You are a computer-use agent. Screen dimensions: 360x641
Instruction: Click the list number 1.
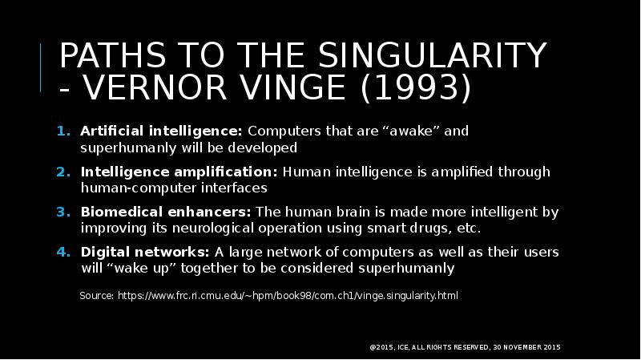(62, 131)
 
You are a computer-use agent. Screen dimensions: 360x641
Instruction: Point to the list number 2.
(62, 172)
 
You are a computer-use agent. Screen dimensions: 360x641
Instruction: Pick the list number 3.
(62, 212)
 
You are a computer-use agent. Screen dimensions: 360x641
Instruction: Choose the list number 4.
(62, 253)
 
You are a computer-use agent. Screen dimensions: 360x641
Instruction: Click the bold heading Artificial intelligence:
(161, 131)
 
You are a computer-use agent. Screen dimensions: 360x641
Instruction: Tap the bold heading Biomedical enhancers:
(166, 212)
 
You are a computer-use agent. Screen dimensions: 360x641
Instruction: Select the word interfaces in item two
(237, 188)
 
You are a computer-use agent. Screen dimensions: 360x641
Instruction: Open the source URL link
(288, 296)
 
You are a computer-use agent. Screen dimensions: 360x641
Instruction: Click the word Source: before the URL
(97, 296)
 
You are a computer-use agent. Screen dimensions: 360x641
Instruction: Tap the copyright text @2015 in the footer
(381, 347)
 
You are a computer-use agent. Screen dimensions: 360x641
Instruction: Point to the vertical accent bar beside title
(42, 69)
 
